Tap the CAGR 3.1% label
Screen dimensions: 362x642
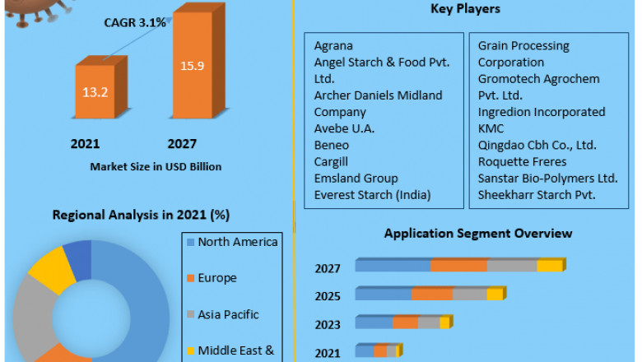click(x=135, y=22)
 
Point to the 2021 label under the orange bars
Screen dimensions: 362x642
click(x=85, y=144)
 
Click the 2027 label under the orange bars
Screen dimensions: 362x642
click(x=182, y=144)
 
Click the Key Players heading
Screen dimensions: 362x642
click(x=466, y=9)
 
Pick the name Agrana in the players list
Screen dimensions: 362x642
click(x=333, y=46)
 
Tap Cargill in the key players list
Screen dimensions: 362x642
click(x=332, y=161)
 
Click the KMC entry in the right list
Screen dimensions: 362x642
click(x=491, y=128)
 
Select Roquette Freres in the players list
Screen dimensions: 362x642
click(x=521, y=161)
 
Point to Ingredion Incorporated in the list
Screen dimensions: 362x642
click(x=541, y=112)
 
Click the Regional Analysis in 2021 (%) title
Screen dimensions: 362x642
click(x=141, y=215)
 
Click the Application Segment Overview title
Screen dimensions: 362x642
click(x=477, y=234)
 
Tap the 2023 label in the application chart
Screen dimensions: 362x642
click(x=327, y=323)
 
